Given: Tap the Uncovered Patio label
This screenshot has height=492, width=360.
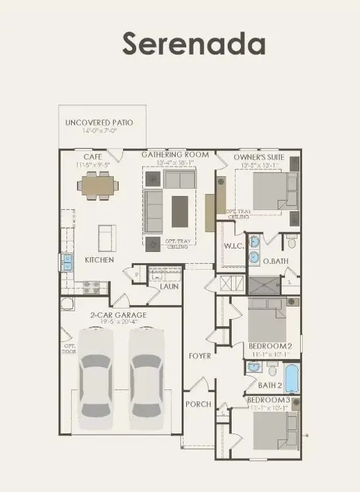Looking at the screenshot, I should point(99,123).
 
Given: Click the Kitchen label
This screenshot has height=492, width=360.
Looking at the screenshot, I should point(99,260).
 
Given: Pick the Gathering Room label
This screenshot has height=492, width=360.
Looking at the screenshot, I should point(175,155).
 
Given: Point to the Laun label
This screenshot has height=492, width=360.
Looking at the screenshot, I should point(169,287).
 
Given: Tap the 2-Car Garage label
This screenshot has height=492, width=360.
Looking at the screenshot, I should point(118,315).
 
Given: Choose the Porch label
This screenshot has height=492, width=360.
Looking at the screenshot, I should point(198,404).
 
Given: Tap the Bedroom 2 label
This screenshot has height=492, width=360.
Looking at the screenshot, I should point(270,346).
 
